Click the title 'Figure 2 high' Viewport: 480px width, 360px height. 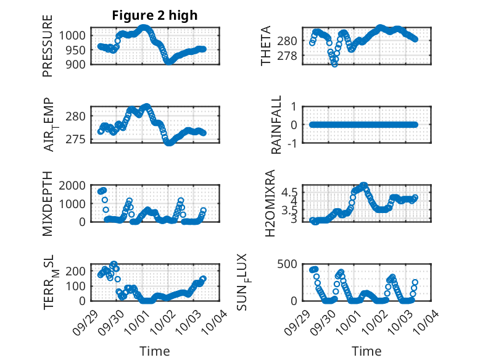[155, 15]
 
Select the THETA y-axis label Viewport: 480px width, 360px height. [266, 46]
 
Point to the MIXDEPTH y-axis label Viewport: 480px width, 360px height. [48, 204]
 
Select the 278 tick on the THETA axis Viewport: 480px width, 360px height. [289, 56]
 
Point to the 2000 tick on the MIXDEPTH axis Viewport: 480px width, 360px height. [73, 185]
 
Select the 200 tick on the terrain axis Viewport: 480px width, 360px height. [77, 270]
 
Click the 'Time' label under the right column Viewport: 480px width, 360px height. [366, 351]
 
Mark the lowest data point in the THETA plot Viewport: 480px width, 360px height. [334, 64]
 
